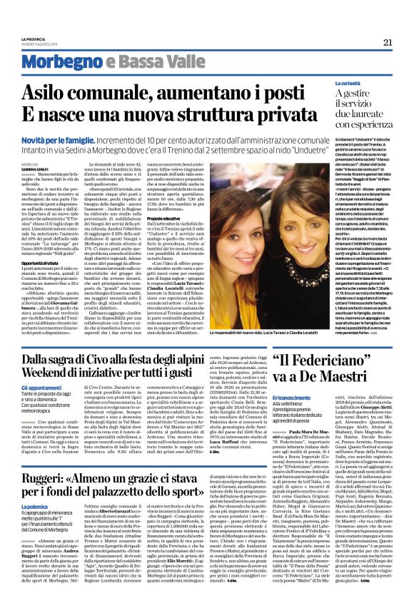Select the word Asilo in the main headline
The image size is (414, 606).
[65, 94]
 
